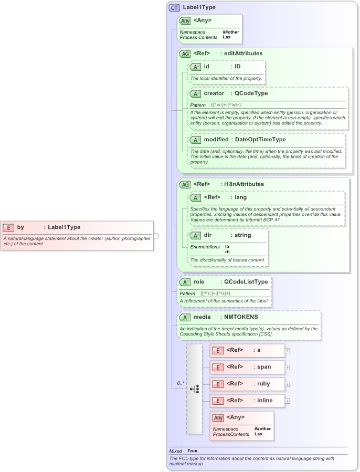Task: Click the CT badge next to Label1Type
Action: tap(174, 7)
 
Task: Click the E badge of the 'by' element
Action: tap(8, 227)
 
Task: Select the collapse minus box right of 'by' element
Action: tap(156, 236)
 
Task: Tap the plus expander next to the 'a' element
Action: tap(288, 350)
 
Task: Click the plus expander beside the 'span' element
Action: tap(288, 367)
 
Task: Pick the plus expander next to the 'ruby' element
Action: tap(288, 384)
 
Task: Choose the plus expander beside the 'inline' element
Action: tap(288, 401)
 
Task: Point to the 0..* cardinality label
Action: tap(179, 383)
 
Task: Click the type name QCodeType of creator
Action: tap(251, 93)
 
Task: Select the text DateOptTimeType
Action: tap(260, 140)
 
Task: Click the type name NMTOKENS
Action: tap(241, 317)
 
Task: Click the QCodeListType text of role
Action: tap(246, 282)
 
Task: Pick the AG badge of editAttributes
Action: tap(185, 54)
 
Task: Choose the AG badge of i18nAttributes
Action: tap(185, 184)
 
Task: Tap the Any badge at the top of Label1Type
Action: tap(185, 20)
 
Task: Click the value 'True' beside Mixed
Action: tap(192, 451)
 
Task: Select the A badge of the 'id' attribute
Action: tap(195, 67)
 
